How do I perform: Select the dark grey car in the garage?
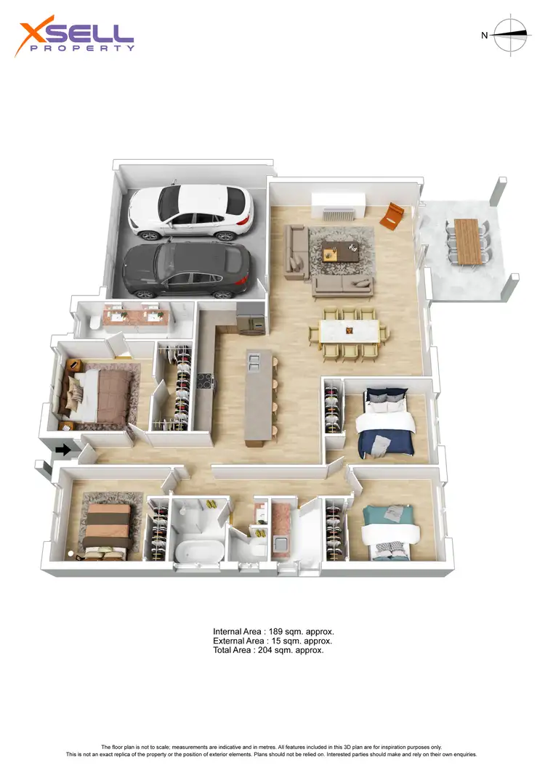[187, 270]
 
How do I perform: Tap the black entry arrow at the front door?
[63, 450]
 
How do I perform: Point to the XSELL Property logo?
[76, 38]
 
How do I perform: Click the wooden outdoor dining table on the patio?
[466, 240]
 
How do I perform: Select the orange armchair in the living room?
[392, 215]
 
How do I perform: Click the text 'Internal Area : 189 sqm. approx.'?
[273, 632]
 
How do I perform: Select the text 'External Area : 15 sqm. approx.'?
[272, 641]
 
